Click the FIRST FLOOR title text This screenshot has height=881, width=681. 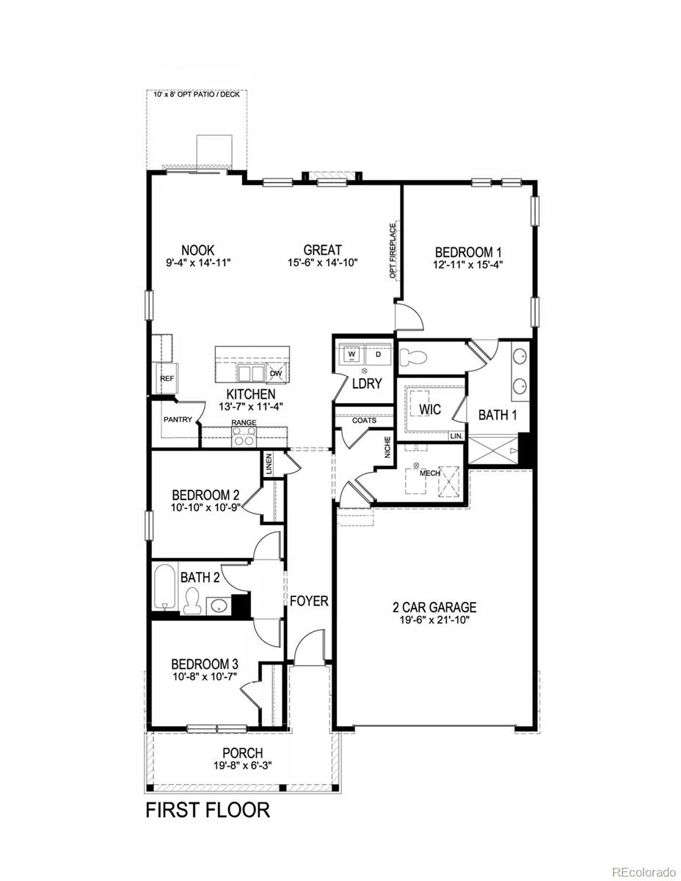[x=208, y=811]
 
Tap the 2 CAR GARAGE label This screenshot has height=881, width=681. [x=434, y=607]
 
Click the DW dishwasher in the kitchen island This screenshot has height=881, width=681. [x=276, y=373]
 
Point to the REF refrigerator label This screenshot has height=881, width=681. [x=167, y=379]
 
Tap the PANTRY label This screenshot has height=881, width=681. [x=178, y=420]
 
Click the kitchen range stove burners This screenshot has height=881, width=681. [x=244, y=438]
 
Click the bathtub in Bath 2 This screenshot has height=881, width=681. [x=165, y=586]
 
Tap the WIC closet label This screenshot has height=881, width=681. [x=431, y=410]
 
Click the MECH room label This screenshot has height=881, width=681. [x=429, y=474]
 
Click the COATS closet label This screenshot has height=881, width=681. [x=364, y=421]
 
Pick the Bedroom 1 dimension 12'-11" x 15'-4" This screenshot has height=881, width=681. [x=469, y=264]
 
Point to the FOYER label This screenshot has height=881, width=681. [x=309, y=601]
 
